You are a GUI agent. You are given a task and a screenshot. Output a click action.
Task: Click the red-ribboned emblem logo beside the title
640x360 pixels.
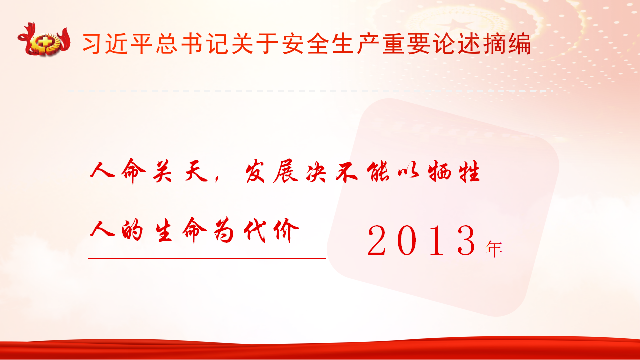(44, 40)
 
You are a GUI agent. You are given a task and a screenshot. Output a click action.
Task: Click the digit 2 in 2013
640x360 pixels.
(377, 240)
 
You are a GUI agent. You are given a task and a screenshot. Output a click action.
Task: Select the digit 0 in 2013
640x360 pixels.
(407, 240)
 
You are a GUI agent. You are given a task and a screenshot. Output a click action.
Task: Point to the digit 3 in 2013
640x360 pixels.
(466, 240)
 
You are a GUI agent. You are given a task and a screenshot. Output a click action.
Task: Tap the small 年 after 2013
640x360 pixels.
(494, 249)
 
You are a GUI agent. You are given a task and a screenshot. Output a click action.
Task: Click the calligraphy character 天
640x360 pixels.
(196, 171)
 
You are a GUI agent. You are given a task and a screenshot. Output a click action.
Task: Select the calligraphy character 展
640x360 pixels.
(286, 171)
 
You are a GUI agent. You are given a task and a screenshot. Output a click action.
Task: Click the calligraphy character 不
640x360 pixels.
(347, 172)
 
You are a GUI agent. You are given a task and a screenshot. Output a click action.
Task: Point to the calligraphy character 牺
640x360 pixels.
(439, 171)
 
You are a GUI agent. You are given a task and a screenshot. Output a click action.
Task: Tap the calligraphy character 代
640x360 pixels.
(255, 231)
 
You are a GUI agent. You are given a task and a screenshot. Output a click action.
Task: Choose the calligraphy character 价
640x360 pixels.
(286, 231)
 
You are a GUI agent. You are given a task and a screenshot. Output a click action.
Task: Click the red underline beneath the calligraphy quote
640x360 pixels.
(207, 258)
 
